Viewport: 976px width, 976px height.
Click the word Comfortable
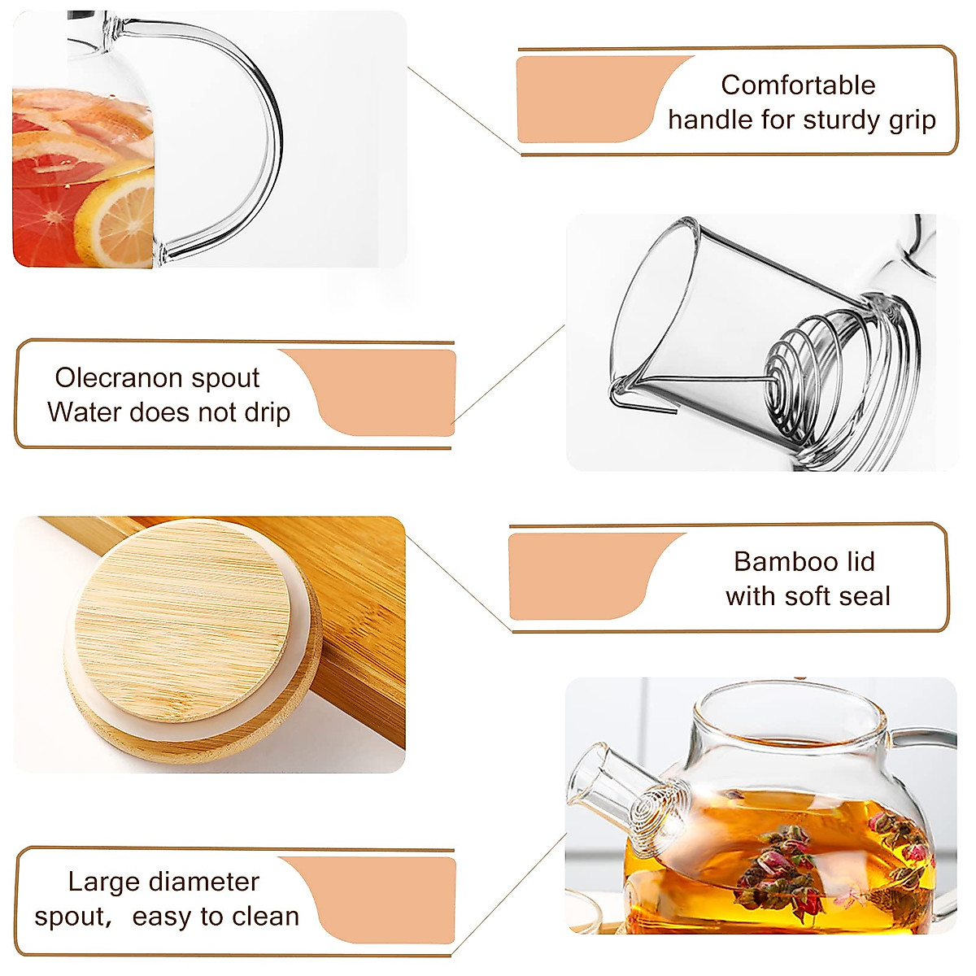click(798, 85)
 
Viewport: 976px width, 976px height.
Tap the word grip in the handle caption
click(912, 120)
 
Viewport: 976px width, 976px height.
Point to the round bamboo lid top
click(183, 618)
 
